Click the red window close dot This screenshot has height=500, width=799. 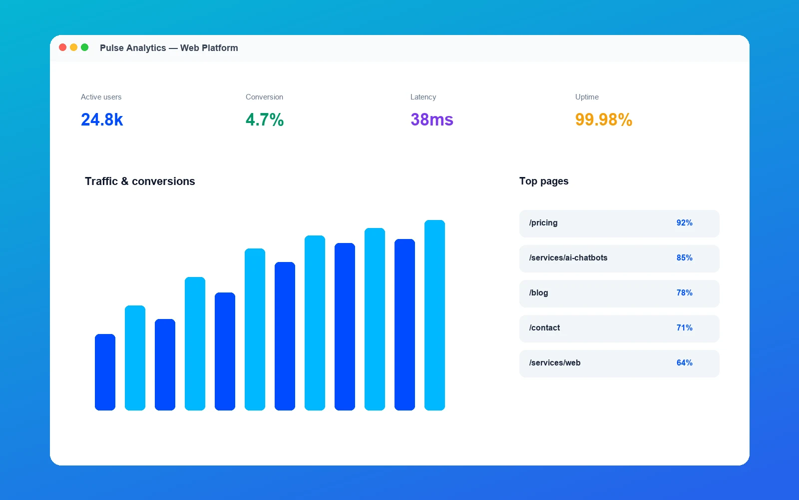click(x=62, y=47)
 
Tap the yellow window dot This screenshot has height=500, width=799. click(x=73, y=47)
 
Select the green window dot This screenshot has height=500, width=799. click(x=84, y=47)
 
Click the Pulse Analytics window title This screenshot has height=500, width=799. click(x=169, y=48)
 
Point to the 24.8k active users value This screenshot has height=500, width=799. click(x=102, y=119)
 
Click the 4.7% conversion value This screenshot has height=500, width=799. click(x=265, y=119)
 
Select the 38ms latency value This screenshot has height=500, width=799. click(x=432, y=119)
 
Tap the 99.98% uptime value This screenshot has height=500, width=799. click(x=604, y=119)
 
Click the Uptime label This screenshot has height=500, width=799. click(x=587, y=97)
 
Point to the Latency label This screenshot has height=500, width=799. click(x=423, y=97)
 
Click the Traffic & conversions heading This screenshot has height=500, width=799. click(x=140, y=181)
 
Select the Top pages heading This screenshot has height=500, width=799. click(x=544, y=181)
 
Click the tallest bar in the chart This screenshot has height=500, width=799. click(x=434, y=315)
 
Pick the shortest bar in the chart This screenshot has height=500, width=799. click(x=105, y=372)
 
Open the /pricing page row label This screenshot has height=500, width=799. click(x=543, y=223)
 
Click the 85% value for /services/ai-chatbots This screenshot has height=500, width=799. click(x=684, y=258)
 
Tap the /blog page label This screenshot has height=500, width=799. click(x=539, y=293)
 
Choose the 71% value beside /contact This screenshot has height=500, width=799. click(x=684, y=328)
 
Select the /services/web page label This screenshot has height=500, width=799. click(x=555, y=363)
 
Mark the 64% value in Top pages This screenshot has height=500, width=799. click(x=684, y=363)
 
